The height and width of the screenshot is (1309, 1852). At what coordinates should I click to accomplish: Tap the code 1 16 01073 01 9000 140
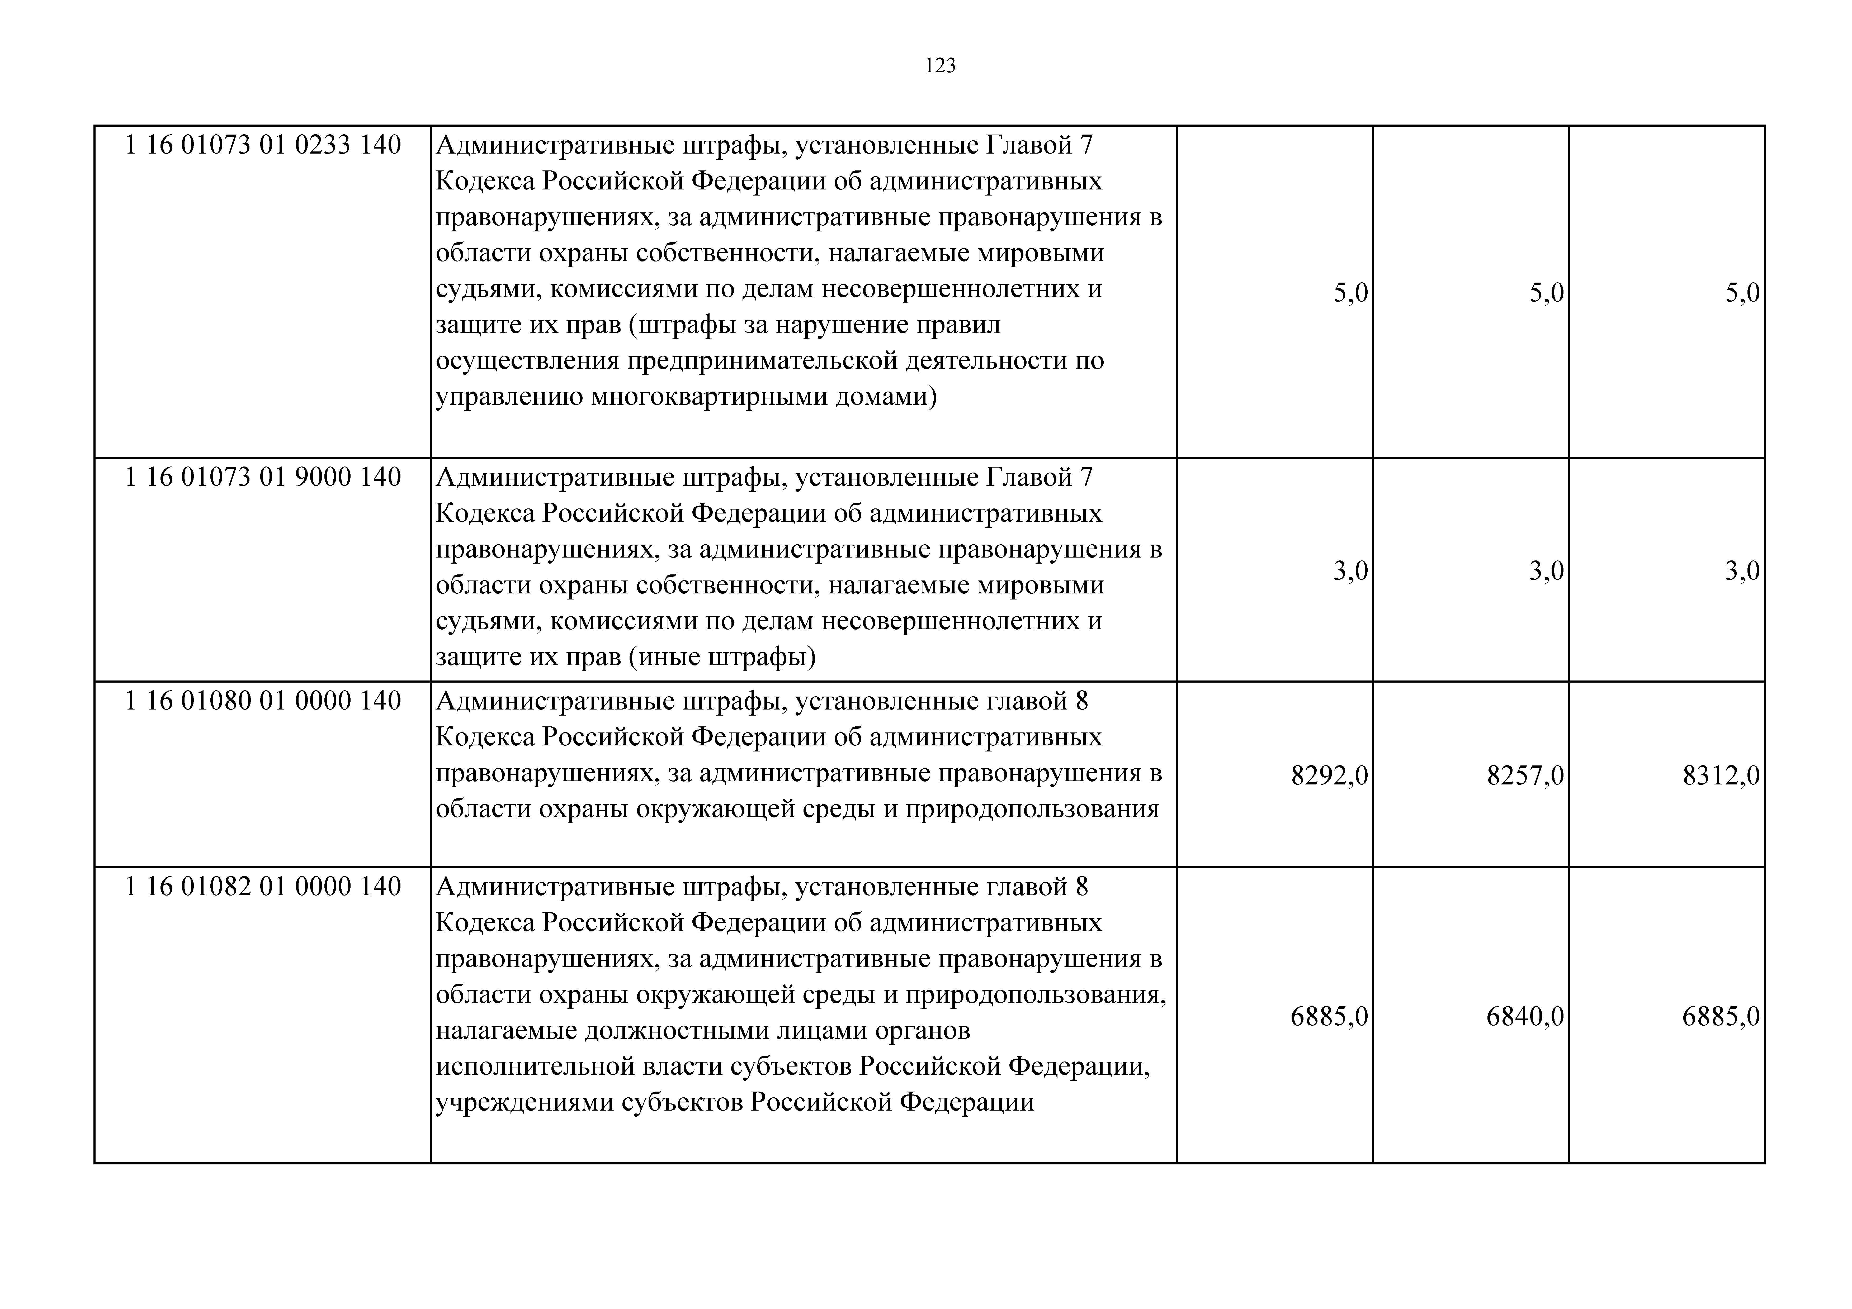[263, 478]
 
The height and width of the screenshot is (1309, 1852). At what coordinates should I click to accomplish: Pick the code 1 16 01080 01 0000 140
[263, 701]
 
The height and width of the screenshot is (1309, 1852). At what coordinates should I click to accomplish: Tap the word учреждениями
[525, 1102]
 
